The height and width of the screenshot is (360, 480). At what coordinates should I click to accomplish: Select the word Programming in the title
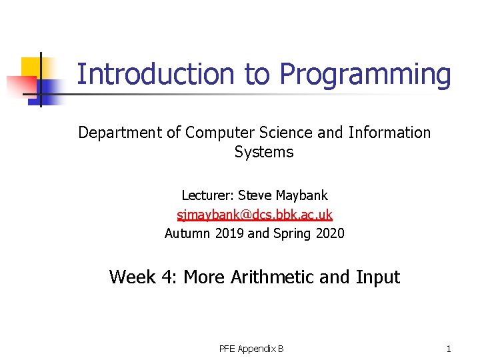point(365,75)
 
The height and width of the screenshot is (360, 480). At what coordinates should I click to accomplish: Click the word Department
point(120,133)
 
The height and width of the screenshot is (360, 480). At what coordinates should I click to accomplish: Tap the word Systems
point(263,152)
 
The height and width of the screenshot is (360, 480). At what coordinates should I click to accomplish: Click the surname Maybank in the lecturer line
point(301,196)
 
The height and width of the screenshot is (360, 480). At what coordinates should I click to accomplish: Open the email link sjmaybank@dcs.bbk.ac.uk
point(255,215)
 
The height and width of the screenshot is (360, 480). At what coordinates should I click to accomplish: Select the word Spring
point(288,234)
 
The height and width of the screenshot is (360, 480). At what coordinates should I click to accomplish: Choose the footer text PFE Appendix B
point(251,349)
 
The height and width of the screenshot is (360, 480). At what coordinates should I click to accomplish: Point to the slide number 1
point(449,349)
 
